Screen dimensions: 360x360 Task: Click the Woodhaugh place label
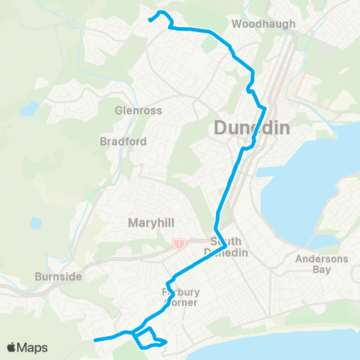click(x=264, y=24)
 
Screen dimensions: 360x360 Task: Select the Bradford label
click(x=122, y=141)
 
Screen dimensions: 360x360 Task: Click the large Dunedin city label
click(x=251, y=128)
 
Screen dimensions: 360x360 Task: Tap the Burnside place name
click(x=58, y=277)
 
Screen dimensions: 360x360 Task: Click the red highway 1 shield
click(x=179, y=244)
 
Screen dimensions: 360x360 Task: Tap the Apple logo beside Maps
click(x=12, y=347)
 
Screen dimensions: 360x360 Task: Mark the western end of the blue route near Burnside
click(x=94, y=340)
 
